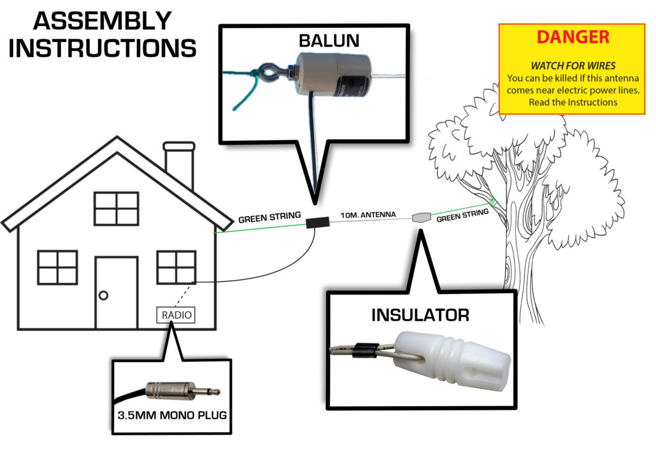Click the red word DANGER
pos(573,37)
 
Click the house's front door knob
pos(103,294)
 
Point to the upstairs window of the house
pos(116,208)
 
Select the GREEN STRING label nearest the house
pos(269,217)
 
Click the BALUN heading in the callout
pos(329,41)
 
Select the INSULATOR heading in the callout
pos(420,314)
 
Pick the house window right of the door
pos(176,266)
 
